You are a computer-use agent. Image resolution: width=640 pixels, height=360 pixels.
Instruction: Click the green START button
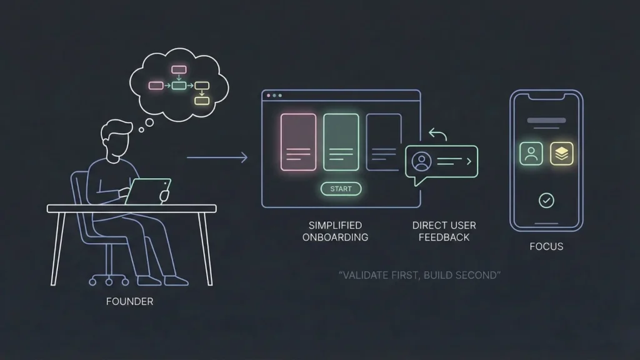click(x=341, y=189)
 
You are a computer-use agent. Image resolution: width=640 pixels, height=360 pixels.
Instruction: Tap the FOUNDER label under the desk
click(x=130, y=301)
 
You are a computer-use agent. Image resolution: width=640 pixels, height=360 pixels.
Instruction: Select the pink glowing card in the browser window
click(x=298, y=142)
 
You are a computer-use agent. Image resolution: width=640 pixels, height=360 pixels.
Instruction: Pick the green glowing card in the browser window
click(x=341, y=142)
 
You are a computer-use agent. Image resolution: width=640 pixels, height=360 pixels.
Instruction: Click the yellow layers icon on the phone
click(x=561, y=154)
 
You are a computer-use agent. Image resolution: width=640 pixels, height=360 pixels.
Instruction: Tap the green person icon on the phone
click(x=531, y=154)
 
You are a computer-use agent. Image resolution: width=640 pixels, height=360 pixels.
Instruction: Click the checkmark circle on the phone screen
click(x=546, y=200)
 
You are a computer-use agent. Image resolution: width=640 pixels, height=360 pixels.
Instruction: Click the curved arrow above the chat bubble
click(x=439, y=135)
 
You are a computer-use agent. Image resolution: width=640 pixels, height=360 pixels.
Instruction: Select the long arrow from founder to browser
click(x=217, y=157)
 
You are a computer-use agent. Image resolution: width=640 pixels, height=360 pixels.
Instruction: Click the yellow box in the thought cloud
click(x=201, y=100)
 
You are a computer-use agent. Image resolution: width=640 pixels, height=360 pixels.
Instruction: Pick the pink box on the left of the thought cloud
click(x=156, y=85)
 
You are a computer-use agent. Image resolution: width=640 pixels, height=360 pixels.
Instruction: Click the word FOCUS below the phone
click(x=546, y=246)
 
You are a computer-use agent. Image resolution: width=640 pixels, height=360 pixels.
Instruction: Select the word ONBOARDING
click(x=335, y=237)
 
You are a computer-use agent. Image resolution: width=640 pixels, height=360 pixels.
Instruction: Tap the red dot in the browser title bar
click(x=269, y=96)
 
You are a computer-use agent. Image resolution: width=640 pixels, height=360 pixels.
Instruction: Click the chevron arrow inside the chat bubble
click(x=468, y=161)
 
